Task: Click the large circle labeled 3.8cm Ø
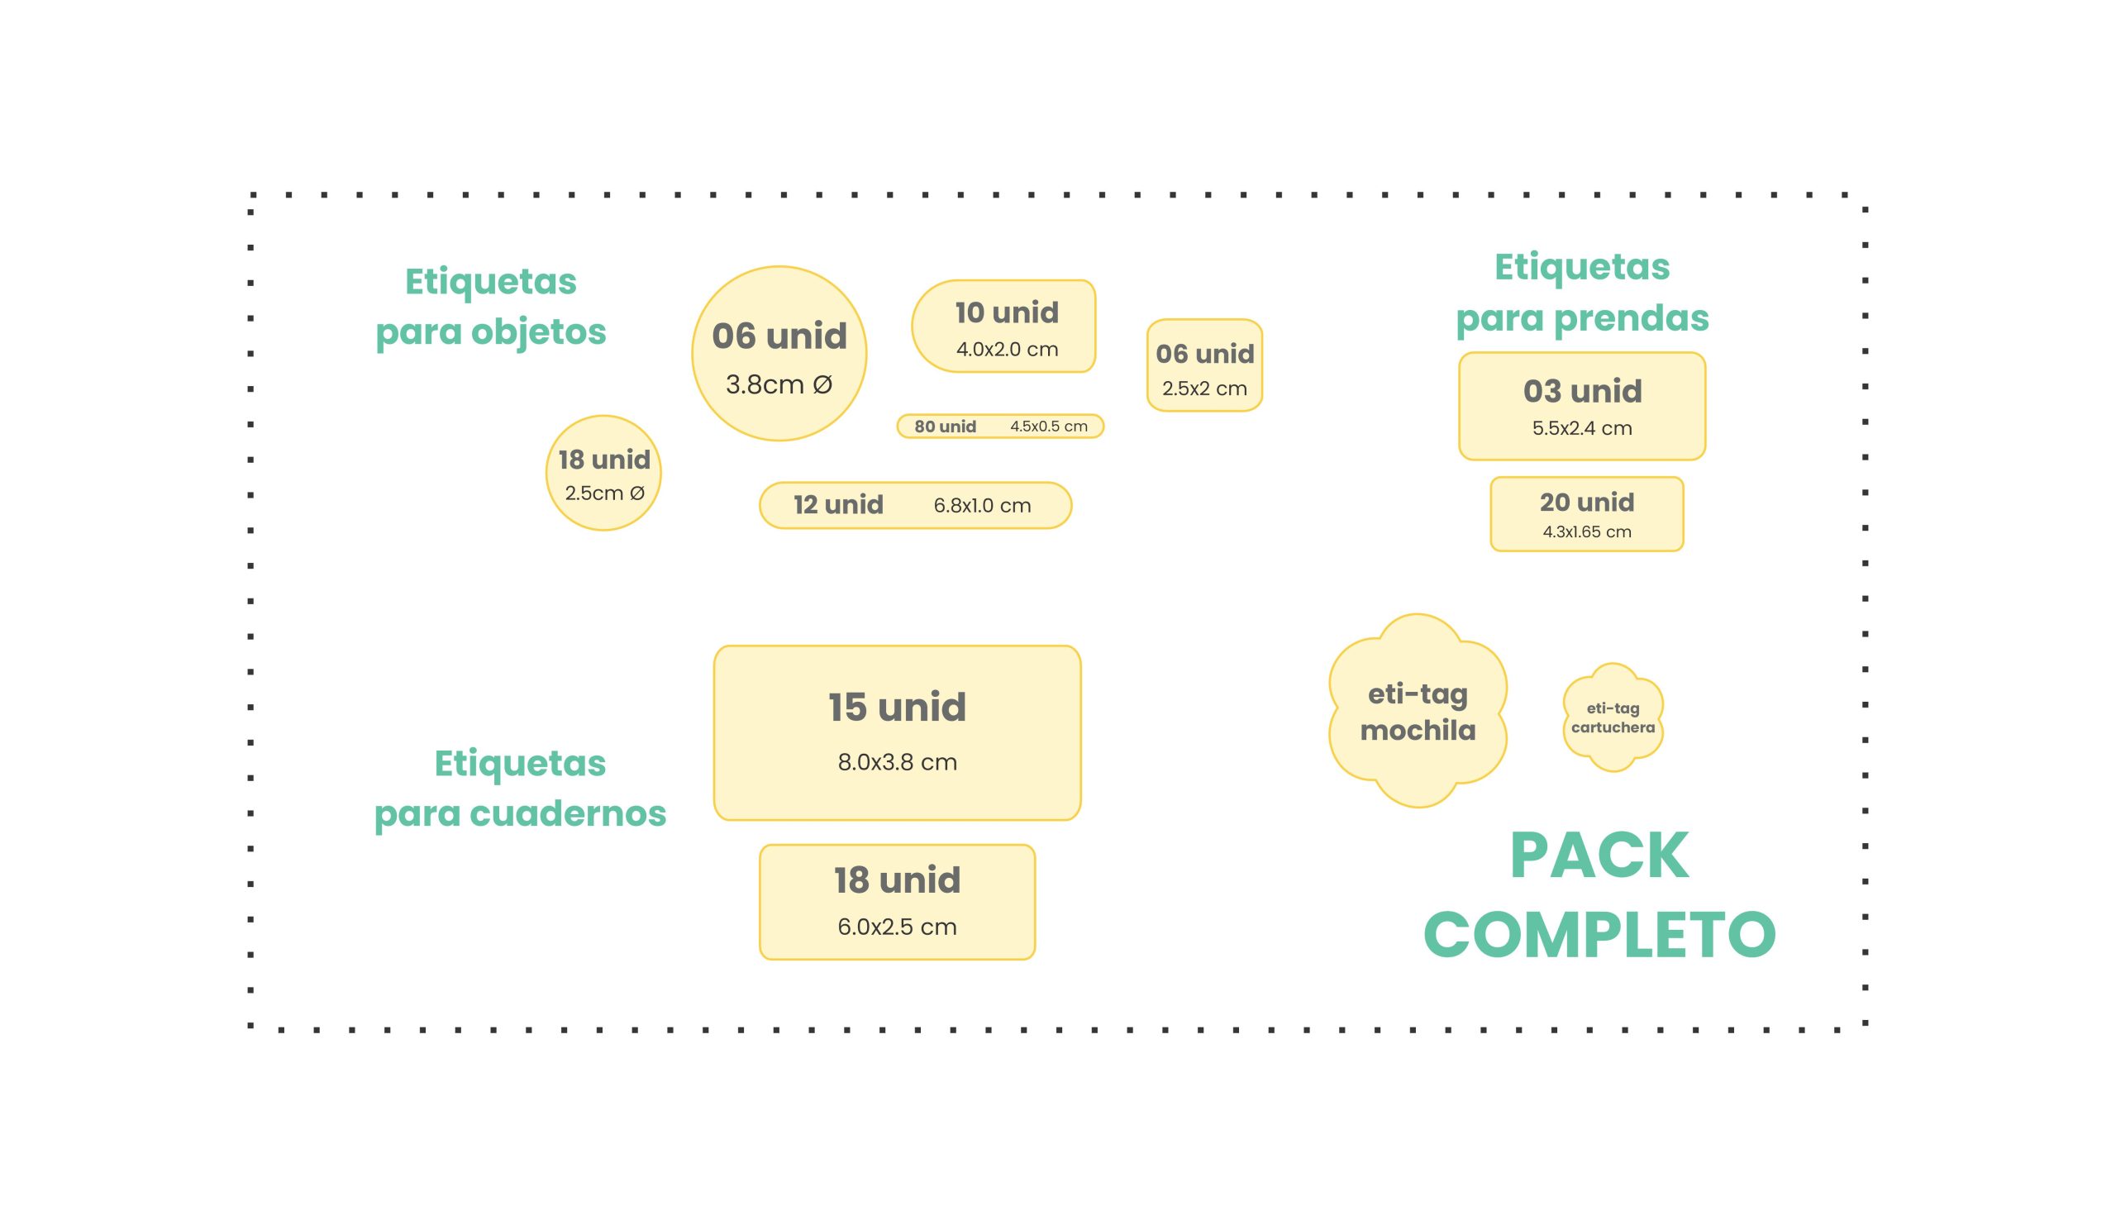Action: tap(779, 354)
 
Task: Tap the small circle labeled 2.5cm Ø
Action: tap(603, 473)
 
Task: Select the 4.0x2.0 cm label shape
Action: tap(1003, 326)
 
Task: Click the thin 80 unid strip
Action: tap(999, 426)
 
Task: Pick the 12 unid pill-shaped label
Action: tap(914, 504)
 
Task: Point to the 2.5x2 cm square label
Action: tap(1203, 365)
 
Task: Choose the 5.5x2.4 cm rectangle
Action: tap(1581, 406)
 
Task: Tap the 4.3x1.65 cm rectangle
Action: tap(1586, 514)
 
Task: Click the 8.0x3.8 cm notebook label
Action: tap(896, 732)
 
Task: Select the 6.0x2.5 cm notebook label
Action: tap(896, 902)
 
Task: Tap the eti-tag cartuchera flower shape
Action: tap(1612, 717)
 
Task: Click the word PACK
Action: tap(1599, 856)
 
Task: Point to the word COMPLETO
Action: tap(1599, 935)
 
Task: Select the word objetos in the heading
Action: tap(537, 331)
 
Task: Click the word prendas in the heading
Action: tap(1631, 318)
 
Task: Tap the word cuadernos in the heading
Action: tap(568, 813)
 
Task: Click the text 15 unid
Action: tap(896, 707)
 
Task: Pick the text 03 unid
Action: tap(1581, 390)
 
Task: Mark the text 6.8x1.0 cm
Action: tap(982, 505)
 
